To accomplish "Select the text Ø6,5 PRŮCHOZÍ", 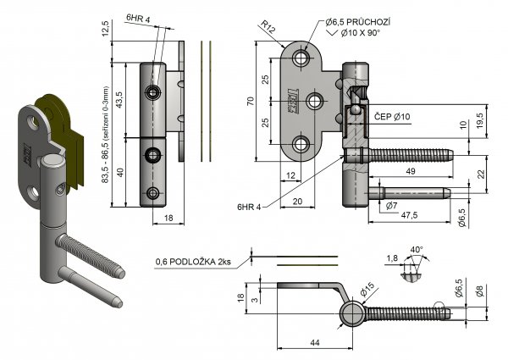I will (358, 20).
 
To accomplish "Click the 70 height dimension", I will (251, 102).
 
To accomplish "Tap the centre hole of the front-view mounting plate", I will (314, 102).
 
